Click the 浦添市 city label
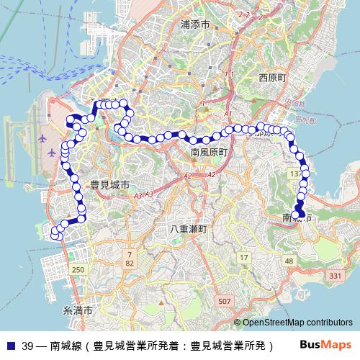pos(195,24)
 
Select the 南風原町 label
pos(210,153)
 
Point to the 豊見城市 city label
pos(110,185)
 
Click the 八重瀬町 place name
pos(189,229)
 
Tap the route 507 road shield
pos(225,300)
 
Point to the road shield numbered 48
pos(289,260)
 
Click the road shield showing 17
pos(243,257)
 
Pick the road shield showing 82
pos(130,264)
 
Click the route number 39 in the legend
pos(27,345)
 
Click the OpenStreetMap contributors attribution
pos(297,323)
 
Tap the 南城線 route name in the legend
pos(66,345)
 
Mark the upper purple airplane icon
pos(42,137)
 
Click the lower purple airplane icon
pos(50,153)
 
